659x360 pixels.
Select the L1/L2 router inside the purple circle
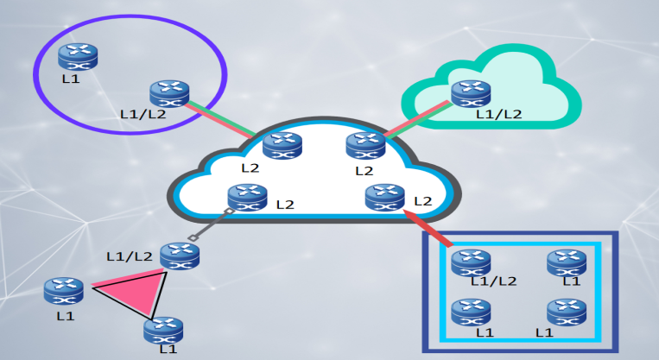point(169,93)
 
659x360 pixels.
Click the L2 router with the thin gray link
point(248,199)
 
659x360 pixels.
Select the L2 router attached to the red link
point(385,198)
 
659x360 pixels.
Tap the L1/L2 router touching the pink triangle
point(180,255)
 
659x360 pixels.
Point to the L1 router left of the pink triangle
point(65,291)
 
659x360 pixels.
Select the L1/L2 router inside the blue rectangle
point(472,262)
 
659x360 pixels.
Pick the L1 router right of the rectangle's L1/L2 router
point(567,262)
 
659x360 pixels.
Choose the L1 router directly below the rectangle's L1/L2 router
point(472,312)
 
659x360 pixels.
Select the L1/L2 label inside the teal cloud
point(499,113)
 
